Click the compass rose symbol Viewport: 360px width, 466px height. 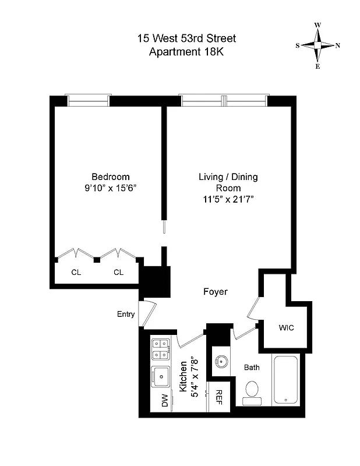(x=318, y=46)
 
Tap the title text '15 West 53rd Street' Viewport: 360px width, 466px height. (x=186, y=38)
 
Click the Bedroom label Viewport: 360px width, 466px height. (x=111, y=177)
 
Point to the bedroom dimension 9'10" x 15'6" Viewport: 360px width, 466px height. (x=111, y=188)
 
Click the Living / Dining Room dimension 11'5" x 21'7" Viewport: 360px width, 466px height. (x=228, y=199)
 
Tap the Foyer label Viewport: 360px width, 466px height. (x=216, y=292)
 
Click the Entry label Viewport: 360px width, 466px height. (x=126, y=315)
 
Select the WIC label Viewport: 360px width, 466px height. (x=285, y=327)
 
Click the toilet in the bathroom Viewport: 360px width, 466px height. (x=253, y=390)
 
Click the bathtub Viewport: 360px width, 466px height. (x=285, y=380)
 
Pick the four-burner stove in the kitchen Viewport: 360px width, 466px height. (x=160, y=350)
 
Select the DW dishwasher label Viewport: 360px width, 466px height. (x=165, y=400)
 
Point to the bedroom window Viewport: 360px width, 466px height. (x=88, y=100)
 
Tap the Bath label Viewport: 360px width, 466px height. (x=252, y=368)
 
